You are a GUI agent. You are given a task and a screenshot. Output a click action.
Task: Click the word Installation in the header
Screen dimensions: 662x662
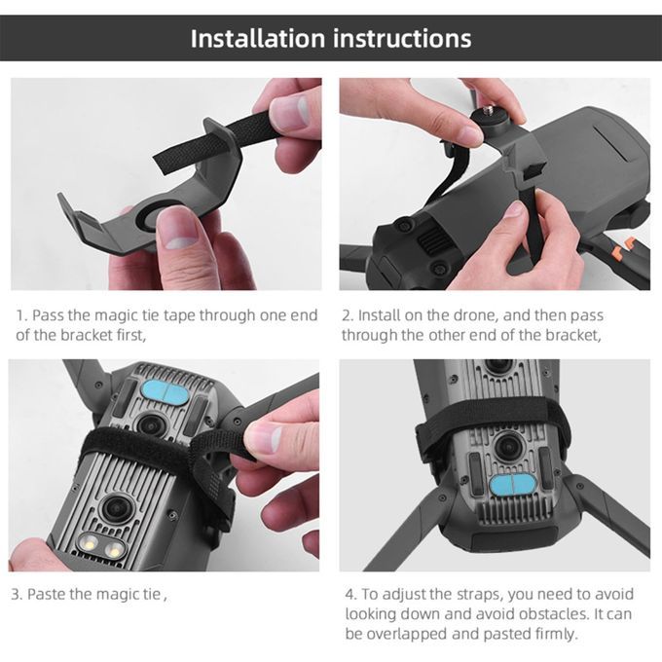click(x=258, y=38)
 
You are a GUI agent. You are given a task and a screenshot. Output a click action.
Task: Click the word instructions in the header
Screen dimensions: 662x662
click(x=402, y=38)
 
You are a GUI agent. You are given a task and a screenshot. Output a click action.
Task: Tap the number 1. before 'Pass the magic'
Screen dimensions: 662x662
click(x=21, y=315)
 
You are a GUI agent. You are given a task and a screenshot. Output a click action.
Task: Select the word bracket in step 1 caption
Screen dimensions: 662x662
click(x=87, y=335)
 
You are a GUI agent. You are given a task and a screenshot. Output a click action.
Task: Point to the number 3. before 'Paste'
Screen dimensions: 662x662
click(x=17, y=594)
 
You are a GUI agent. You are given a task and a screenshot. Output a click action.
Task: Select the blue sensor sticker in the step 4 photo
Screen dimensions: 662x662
click(x=512, y=484)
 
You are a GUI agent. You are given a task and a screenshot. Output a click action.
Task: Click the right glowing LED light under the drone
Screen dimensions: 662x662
click(x=113, y=549)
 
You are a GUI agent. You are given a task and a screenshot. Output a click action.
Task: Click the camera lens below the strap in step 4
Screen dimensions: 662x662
click(x=509, y=447)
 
